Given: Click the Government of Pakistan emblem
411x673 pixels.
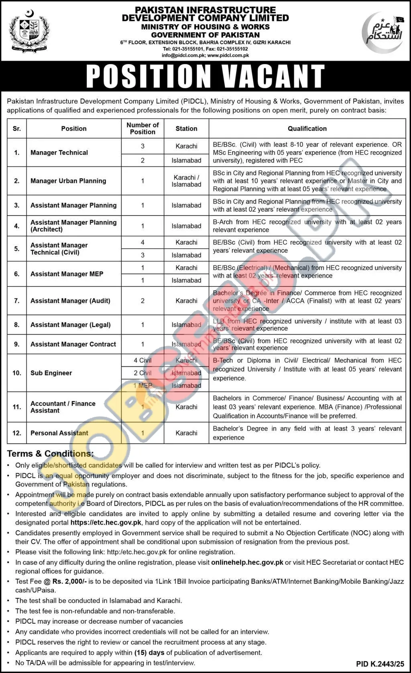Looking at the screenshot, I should [25, 30].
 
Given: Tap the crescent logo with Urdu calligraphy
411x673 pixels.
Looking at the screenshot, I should [383, 32].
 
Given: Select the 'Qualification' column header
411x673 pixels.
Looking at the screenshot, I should [307, 128].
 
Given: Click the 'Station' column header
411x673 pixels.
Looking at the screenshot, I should [186, 128].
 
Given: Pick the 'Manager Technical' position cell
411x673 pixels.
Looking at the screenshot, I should [59, 152].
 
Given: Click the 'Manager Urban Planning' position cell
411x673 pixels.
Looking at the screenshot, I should [68, 181].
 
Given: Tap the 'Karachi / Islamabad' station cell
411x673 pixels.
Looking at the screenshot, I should [186, 181].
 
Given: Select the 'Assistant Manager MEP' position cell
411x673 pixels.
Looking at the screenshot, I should [67, 274].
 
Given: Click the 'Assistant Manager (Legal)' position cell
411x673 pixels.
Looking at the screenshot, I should [70, 325].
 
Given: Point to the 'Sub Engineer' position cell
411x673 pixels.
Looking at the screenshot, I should [51, 373].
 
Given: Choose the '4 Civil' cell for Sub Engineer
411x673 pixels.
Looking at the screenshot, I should [142, 360].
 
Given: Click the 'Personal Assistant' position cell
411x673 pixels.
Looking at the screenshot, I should [59, 433].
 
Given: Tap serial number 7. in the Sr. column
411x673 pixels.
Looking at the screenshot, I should [17, 301].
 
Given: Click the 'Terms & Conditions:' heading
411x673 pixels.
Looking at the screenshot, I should [50, 454].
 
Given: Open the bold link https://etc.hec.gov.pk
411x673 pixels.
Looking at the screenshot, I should [106, 523].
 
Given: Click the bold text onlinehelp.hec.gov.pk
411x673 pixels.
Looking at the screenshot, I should [247, 562].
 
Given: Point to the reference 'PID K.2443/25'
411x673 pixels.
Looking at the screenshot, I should [380, 664].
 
